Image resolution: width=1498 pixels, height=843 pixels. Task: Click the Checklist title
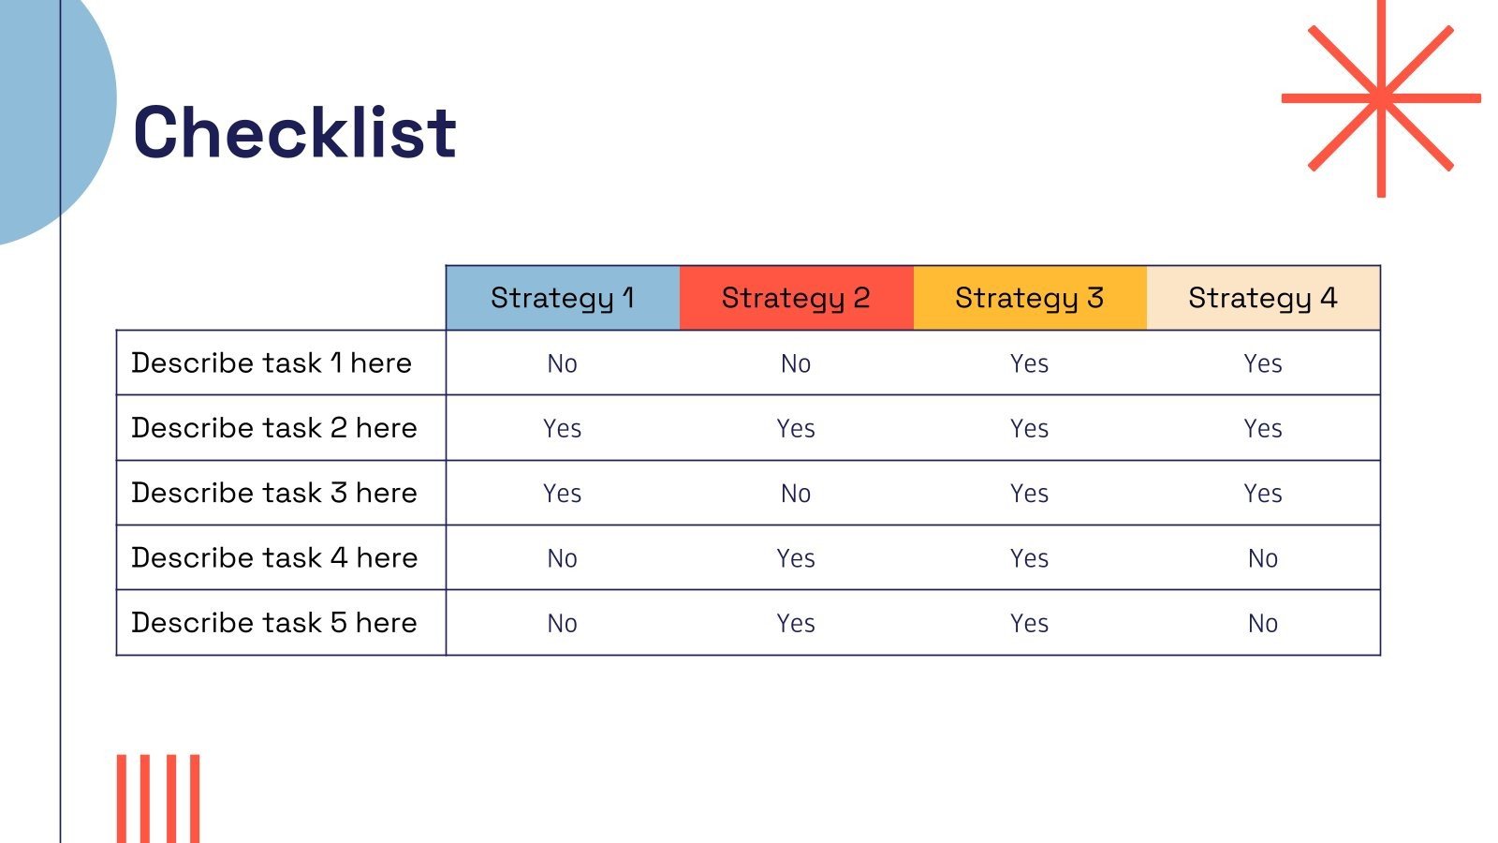(x=295, y=132)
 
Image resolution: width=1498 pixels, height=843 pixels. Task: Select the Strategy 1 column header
(x=563, y=298)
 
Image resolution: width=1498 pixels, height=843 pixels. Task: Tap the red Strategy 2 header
(x=797, y=298)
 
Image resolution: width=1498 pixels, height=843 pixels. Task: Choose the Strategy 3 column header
(x=1030, y=298)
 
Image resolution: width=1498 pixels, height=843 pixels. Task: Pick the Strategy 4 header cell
(x=1263, y=298)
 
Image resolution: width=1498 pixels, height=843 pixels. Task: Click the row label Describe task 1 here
(x=272, y=363)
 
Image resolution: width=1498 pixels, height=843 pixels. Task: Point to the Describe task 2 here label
(x=274, y=428)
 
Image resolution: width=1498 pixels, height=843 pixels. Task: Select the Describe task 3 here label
(x=274, y=493)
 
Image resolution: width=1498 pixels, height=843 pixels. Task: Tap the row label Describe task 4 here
(x=274, y=558)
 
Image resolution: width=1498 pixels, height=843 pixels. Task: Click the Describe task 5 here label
(x=274, y=623)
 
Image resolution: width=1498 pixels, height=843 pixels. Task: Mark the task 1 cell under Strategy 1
(x=563, y=364)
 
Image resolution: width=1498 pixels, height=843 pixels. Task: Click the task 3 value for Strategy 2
(x=796, y=494)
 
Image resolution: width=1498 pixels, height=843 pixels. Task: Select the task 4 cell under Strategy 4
(x=1263, y=558)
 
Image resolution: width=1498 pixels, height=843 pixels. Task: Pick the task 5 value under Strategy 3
(x=1029, y=624)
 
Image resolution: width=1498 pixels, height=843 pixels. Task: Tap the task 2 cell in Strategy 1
(x=563, y=429)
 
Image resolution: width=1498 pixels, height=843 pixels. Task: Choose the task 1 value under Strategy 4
(x=1263, y=364)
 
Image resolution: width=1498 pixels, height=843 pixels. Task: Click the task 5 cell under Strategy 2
(x=796, y=624)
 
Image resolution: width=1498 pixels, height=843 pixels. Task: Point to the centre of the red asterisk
(x=1381, y=98)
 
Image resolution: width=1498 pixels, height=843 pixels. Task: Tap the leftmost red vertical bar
(x=122, y=799)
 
